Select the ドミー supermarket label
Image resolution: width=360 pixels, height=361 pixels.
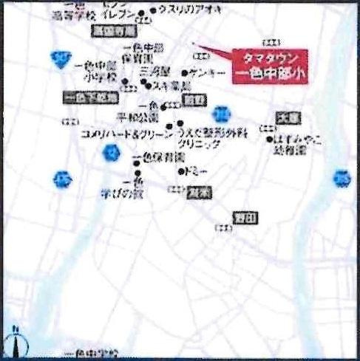pyautogui.click(x=197, y=171)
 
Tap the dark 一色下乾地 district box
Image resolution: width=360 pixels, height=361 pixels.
pyautogui.click(x=92, y=97)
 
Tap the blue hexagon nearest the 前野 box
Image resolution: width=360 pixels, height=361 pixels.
pyautogui.click(x=220, y=114)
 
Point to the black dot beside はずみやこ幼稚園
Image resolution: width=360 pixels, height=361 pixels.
pyautogui.click(x=269, y=138)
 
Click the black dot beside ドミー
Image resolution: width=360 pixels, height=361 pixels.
pyautogui.click(x=182, y=171)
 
